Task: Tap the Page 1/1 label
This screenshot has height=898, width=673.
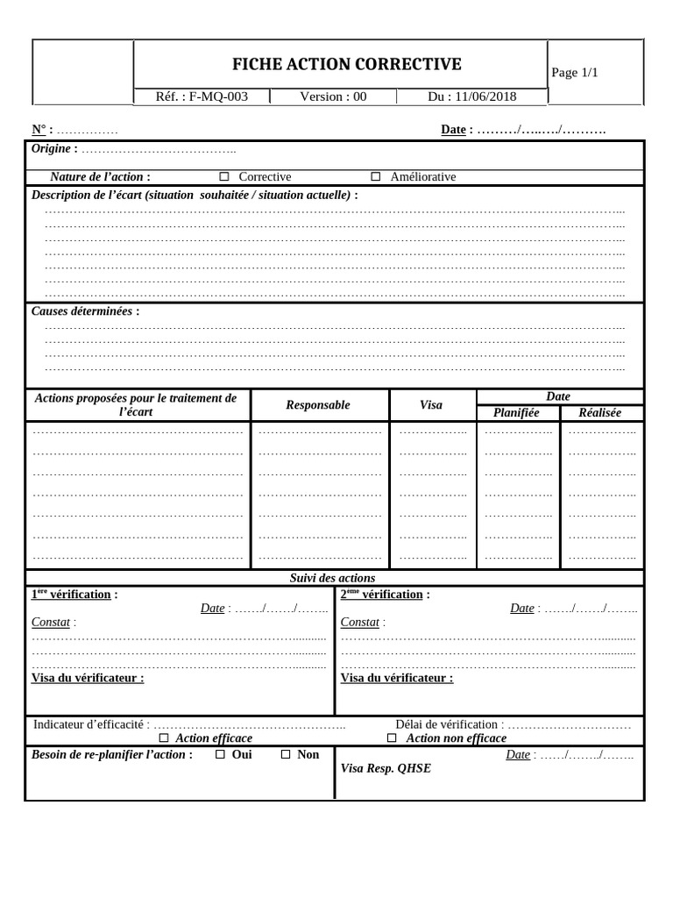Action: (575, 72)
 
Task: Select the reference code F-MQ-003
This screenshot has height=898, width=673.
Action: (202, 96)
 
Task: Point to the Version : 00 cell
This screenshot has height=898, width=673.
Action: (333, 96)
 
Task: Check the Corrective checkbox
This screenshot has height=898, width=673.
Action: (224, 177)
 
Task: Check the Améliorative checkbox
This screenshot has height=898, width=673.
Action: (376, 177)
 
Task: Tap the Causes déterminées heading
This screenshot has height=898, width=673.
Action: (85, 311)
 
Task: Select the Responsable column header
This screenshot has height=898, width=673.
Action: (318, 405)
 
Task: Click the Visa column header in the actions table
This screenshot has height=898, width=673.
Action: (431, 405)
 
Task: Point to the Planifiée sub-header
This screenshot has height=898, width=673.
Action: (516, 413)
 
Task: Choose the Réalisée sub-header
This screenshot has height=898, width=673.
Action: (600, 413)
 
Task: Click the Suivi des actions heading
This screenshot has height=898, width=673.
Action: (332, 578)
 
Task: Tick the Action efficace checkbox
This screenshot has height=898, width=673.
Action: (164, 738)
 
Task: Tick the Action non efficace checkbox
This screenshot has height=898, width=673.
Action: (392, 738)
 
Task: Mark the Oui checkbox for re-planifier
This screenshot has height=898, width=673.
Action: (220, 754)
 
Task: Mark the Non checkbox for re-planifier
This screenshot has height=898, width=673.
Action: (286, 754)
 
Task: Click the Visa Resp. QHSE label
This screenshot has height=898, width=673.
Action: (386, 769)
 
